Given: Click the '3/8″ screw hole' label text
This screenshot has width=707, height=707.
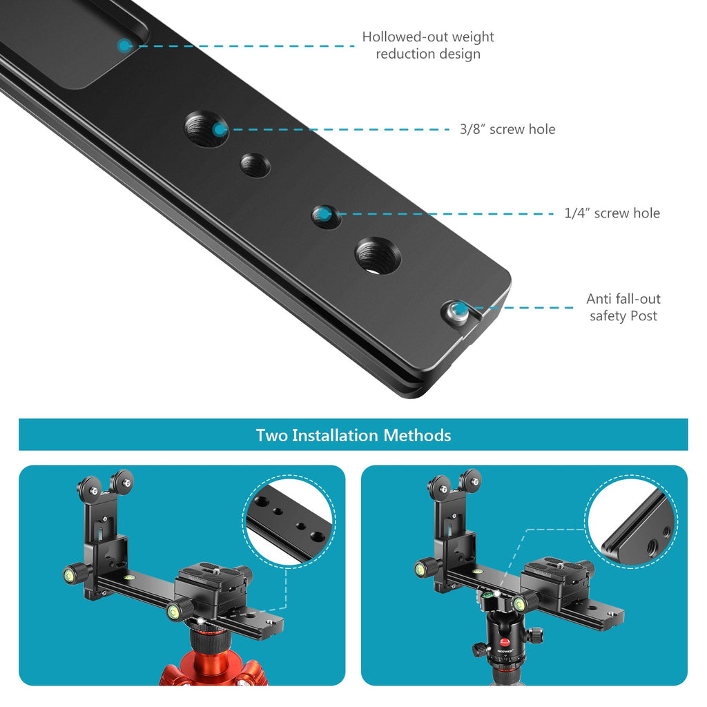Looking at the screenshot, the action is coord(507,129).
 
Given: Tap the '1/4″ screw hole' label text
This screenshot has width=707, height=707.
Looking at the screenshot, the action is coord(612,213).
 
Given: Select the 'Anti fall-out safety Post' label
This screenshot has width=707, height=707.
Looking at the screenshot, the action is coord(623,307).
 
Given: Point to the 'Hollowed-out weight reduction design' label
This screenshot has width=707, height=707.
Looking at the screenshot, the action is coord(428,45).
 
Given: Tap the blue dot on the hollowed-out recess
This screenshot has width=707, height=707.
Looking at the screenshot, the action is coord(124,45).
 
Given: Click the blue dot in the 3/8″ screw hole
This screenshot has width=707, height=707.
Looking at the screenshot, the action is coord(220,130).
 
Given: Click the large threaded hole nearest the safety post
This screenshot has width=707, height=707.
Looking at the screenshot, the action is coord(378,255).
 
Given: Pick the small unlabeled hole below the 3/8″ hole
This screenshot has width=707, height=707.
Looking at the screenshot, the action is coord(255,165).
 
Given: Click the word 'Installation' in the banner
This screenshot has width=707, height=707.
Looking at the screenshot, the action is coord(335,435).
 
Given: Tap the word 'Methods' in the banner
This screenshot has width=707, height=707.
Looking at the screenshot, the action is coord(417,435).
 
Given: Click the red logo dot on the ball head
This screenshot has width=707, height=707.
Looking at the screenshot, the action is coord(505,641).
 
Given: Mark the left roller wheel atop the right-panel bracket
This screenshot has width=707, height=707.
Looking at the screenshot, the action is coord(438,487).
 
